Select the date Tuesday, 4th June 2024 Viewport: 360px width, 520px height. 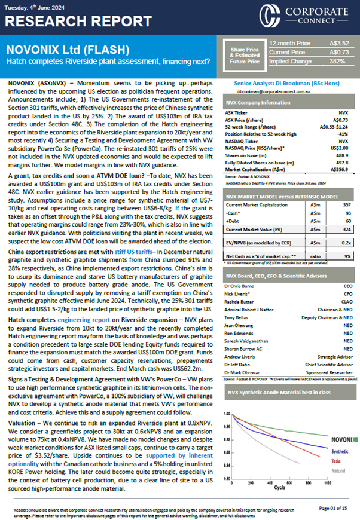pos(36,5)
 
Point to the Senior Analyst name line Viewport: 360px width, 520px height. pos(289,85)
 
